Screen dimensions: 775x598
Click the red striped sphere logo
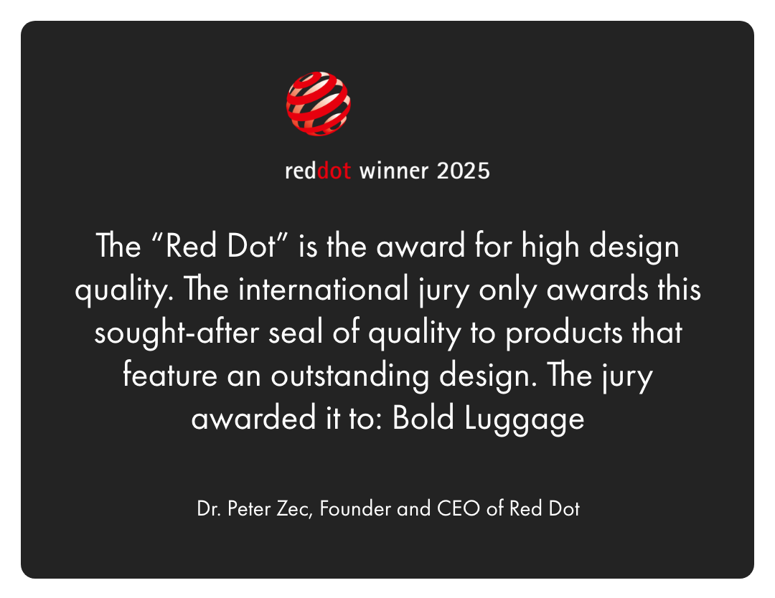pos(319,104)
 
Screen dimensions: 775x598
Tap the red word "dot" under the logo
pos(334,171)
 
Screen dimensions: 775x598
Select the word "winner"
pos(394,171)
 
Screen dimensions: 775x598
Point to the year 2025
pos(464,171)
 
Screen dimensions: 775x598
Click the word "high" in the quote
pos(550,246)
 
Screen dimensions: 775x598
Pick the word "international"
pos(323,290)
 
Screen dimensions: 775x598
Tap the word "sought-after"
pos(177,332)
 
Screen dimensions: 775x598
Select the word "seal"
pos(296,332)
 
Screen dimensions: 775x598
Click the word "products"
pos(563,332)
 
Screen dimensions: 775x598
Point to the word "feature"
pos(170,375)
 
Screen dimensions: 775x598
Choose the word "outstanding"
pos(350,375)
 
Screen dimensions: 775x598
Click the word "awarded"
pos(253,418)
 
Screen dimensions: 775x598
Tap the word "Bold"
pos(423,418)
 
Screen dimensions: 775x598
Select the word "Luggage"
pos(525,418)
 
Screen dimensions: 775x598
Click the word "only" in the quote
pos(507,290)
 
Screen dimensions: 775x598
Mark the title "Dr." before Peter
pos(208,508)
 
